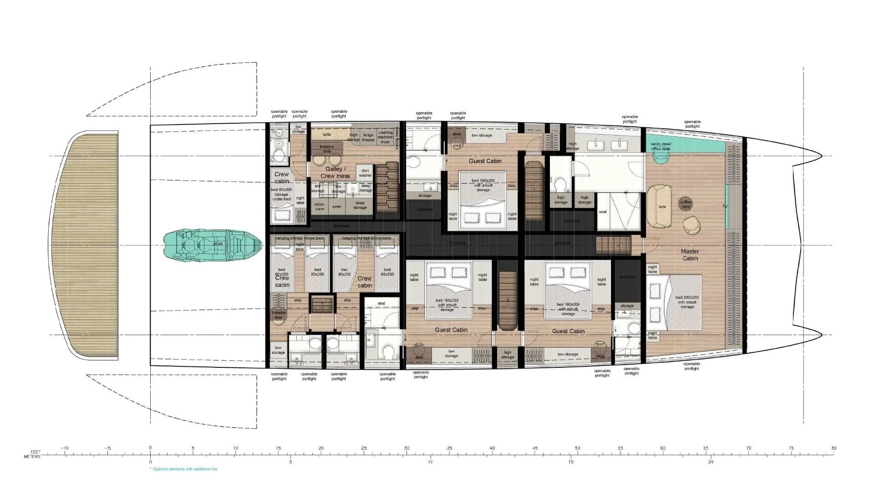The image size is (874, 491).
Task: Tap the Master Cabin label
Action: [x=690, y=255]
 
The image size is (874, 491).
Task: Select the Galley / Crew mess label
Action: [x=335, y=172]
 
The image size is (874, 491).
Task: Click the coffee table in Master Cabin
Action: [x=686, y=204]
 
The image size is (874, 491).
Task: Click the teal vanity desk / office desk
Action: [x=661, y=146]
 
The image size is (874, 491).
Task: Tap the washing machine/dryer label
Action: [x=385, y=137]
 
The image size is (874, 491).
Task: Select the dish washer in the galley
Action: [x=365, y=172]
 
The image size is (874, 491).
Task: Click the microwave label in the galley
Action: [x=320, y=207]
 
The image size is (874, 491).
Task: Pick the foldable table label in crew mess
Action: [x=327, y=149]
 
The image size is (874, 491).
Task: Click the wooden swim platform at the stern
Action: [x=85, y=245]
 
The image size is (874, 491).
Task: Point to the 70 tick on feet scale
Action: [x=748, y=448]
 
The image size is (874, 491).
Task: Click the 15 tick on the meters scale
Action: [x=571, y=461]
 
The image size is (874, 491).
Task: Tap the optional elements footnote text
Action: [x=184, y=469]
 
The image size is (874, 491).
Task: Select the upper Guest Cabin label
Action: [x=485, y=161]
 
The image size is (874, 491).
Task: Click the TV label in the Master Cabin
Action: [x=725, y=207]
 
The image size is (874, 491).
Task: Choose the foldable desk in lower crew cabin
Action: [x=279, y=315]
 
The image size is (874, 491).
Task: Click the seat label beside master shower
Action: [x=603, y=212]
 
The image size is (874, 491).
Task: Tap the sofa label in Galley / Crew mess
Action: [x=326, y=135]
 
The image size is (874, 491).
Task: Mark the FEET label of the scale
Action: [x=35, y=452]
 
